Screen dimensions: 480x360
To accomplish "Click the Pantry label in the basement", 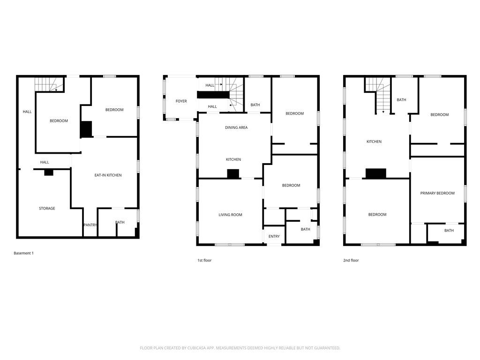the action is coord(90,225).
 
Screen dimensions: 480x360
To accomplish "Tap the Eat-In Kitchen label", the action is coord(108,175).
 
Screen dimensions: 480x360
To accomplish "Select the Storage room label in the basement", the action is coord(47,208).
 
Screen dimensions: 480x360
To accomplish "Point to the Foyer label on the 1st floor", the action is coord(181,101).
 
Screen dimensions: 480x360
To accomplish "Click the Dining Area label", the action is coord(236,127).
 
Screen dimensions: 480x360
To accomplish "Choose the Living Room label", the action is coord(230,215).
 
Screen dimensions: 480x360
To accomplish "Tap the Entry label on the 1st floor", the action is coord(274,236).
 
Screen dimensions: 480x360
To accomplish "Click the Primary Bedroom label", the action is coord(437,193).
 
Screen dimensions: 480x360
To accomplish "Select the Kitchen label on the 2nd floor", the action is coord(374,142).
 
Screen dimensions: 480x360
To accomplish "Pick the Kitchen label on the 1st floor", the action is coord(233,159).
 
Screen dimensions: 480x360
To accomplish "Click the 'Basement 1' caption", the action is coord(23,253).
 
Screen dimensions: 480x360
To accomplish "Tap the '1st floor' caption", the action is coord(204,260).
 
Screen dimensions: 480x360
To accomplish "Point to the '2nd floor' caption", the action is coord(351,260).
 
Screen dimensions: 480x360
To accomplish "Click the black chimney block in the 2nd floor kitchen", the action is coord(376,173).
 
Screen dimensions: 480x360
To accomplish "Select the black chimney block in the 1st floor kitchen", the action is coord(233,174).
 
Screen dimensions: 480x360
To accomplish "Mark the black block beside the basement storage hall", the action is coord(49,172).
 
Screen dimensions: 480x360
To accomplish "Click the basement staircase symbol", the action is coord(49,84).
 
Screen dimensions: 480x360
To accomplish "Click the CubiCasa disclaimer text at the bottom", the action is coord(240,348).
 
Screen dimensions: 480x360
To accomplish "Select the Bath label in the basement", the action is coord(120,222).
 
